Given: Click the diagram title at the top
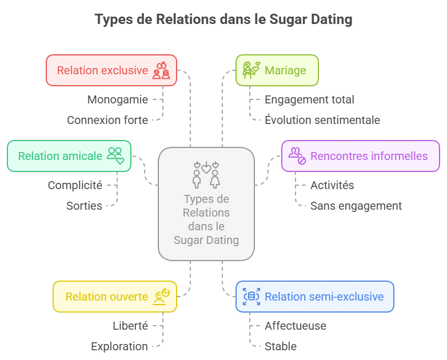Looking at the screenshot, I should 223,19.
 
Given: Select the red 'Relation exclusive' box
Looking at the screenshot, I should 111,71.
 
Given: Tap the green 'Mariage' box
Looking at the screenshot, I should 277,71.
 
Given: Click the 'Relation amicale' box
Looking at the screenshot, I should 69,156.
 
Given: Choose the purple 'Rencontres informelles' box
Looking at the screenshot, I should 360,156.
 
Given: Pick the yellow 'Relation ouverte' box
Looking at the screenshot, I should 115,297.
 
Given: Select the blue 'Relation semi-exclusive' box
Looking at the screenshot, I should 315,297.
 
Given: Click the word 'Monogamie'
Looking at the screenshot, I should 117,99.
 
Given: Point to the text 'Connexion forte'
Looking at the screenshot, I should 107,120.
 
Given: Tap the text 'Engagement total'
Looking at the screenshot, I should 309,99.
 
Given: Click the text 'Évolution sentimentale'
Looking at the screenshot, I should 322,120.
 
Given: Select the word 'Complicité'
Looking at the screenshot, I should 75,185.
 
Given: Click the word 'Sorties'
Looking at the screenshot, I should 84,206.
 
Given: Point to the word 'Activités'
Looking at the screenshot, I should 332,185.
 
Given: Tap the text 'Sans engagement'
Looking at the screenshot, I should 356,206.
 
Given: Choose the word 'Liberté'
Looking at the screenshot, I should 130,326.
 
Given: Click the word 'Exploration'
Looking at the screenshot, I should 119,346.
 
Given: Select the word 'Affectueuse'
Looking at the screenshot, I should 295,326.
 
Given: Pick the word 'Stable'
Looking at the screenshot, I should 280,346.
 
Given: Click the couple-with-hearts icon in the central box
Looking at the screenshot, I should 206,175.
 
